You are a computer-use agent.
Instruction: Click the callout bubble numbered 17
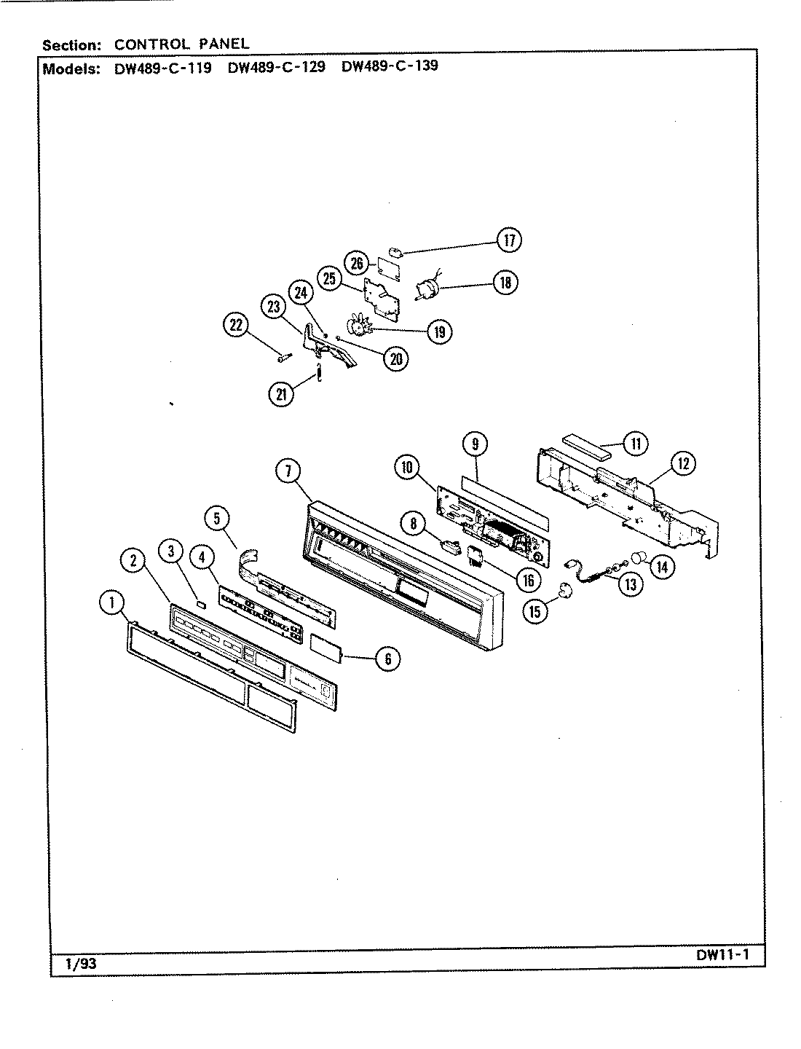pos(509,240)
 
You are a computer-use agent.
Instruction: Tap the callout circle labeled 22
pos(236,326)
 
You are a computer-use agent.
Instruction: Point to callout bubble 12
pos(684,463)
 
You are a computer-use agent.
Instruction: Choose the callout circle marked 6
pos(387,660)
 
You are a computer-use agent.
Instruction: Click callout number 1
pos(111,602)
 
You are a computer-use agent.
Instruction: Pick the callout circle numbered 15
pos(535,611)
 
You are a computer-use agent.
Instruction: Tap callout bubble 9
pos(475,444)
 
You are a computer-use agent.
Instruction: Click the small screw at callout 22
pos(284,357)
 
